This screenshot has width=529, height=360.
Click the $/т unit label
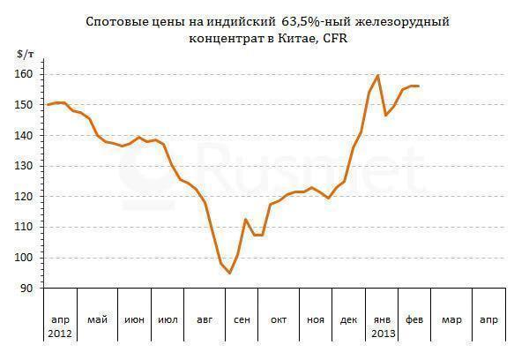(27, 55)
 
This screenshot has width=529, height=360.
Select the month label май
(97, 319)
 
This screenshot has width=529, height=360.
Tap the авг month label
(205, 319)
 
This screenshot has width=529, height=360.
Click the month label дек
(348, 319)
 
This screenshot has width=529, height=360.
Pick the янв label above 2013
(383, 319)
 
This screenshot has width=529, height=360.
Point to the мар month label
(451, 319)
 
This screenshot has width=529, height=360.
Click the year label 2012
(61, 334)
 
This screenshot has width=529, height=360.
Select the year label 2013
(383, 334)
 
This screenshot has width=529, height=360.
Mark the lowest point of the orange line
(229, 274)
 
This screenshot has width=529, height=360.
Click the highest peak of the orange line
(378, 75)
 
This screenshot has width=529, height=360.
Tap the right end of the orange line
(418, 86)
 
